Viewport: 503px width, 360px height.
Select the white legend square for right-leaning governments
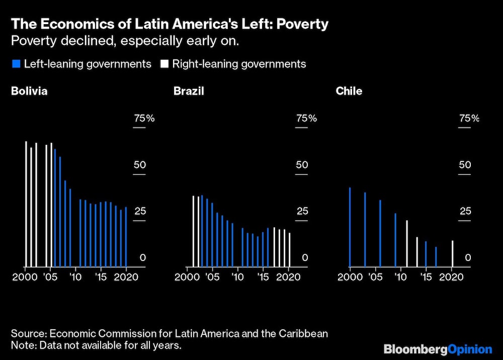tap(164, 64)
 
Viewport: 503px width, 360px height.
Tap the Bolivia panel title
tap(30, 92)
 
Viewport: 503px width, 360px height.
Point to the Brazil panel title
tap(189, 92)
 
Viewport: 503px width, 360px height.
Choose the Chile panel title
tap(349, 92)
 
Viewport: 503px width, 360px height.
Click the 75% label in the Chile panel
tap(469, 119)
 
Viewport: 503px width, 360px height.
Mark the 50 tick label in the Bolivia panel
tap(139, 165)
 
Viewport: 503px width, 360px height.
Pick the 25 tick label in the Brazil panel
tap(302, 211)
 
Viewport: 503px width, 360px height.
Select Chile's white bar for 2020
tap(453, 254)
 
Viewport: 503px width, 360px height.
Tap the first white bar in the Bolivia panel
tap(26, 204)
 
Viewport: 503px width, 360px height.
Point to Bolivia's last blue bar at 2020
tap(126, 237)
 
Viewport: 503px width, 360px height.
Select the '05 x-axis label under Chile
tap(375, 277)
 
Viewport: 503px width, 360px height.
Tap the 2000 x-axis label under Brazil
tap(188, 277)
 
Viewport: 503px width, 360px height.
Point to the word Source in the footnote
tap(26, 333)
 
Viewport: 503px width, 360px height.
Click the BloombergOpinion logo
tap(438, 349)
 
